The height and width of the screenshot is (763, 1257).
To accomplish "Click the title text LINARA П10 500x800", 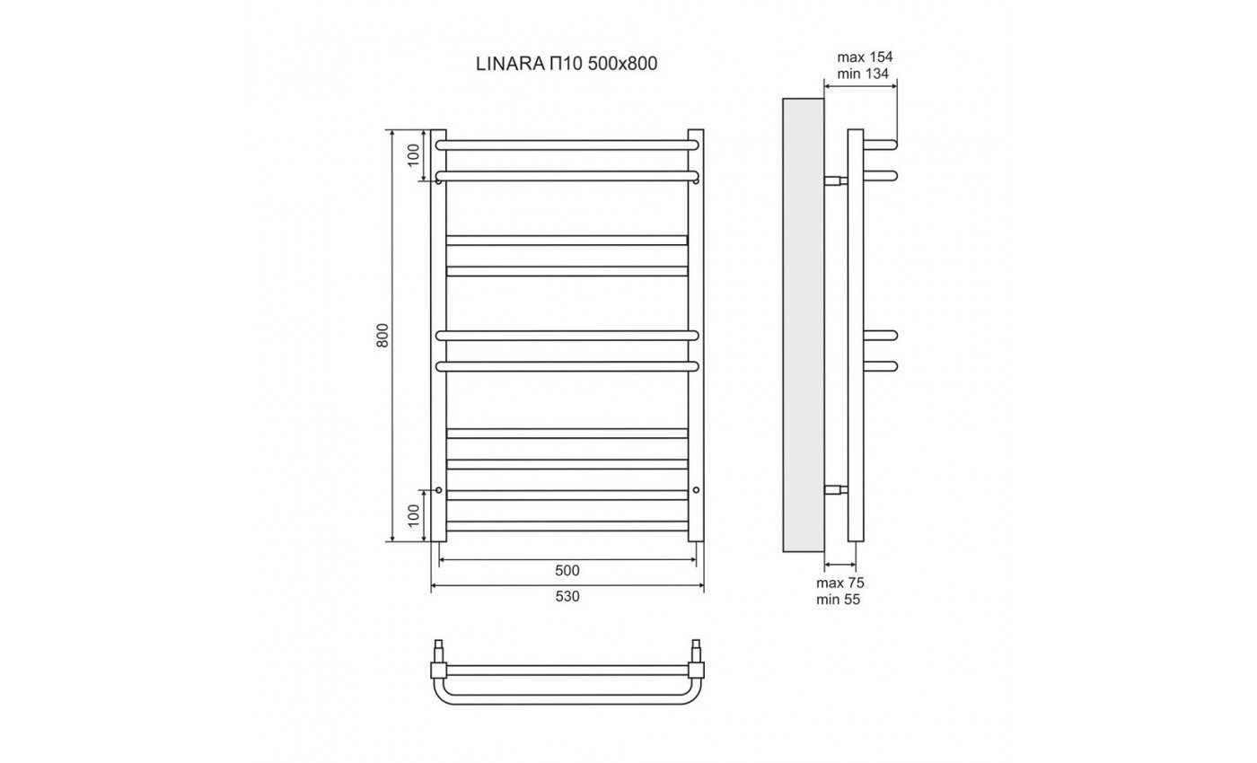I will coord(567,65).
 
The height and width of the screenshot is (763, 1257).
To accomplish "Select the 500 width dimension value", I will coord(567,571).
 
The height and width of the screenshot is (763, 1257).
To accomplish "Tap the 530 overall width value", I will coord(567,596).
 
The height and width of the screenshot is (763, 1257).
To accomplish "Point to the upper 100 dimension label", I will coord(413,154).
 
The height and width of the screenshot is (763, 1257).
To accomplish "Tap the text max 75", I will coord(839,583).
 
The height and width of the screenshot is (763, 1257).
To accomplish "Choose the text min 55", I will coord(838,600).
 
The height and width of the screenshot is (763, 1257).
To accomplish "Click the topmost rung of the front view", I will coord(567,144).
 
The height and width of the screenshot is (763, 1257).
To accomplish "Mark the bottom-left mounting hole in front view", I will coord(438,490).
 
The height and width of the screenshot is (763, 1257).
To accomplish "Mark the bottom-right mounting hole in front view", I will coord(696,490).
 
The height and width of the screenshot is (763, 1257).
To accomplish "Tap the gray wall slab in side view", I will coord(804,323).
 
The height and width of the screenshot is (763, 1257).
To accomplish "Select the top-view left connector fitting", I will coord(439,668).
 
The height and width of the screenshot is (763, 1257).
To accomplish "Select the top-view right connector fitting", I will coord(696,668).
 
